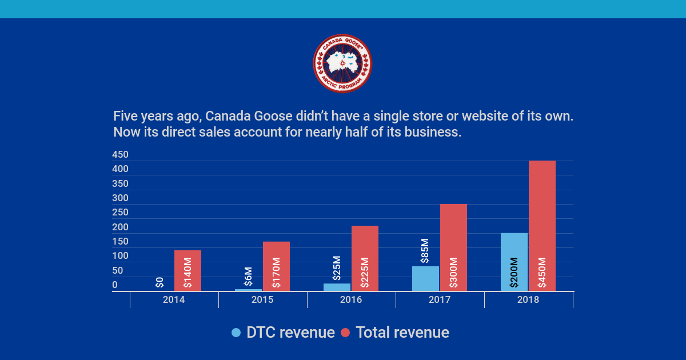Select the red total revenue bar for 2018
point(542,226)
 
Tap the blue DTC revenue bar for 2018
point(514,262)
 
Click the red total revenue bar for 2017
point(453,247)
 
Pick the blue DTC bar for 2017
point(425,278)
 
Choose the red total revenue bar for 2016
point(365,258)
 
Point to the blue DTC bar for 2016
point(337,287)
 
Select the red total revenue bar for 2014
point(188,270)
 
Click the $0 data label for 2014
point(160,282)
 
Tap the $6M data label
point(248,276)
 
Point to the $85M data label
point(425,251)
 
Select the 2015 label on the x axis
point(262,299)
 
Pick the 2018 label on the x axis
point(528,299)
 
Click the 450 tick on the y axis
point(120,155)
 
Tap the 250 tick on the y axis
point(120,213)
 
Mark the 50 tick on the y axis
point(117,271)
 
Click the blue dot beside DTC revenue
point(236,333)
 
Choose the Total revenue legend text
point(402,333)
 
